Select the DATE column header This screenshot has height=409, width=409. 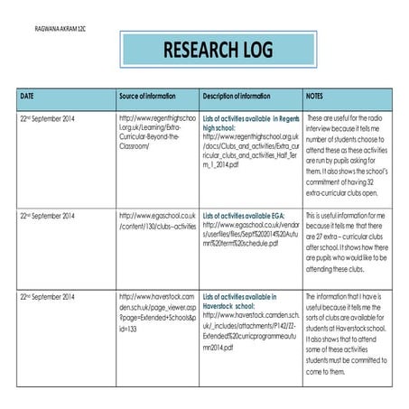coord(28,95)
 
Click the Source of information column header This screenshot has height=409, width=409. coord(150,95)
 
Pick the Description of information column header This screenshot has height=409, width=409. coord(237,95)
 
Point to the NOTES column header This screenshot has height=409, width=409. coord(315,95)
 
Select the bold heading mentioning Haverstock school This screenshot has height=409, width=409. coord(238,302)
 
